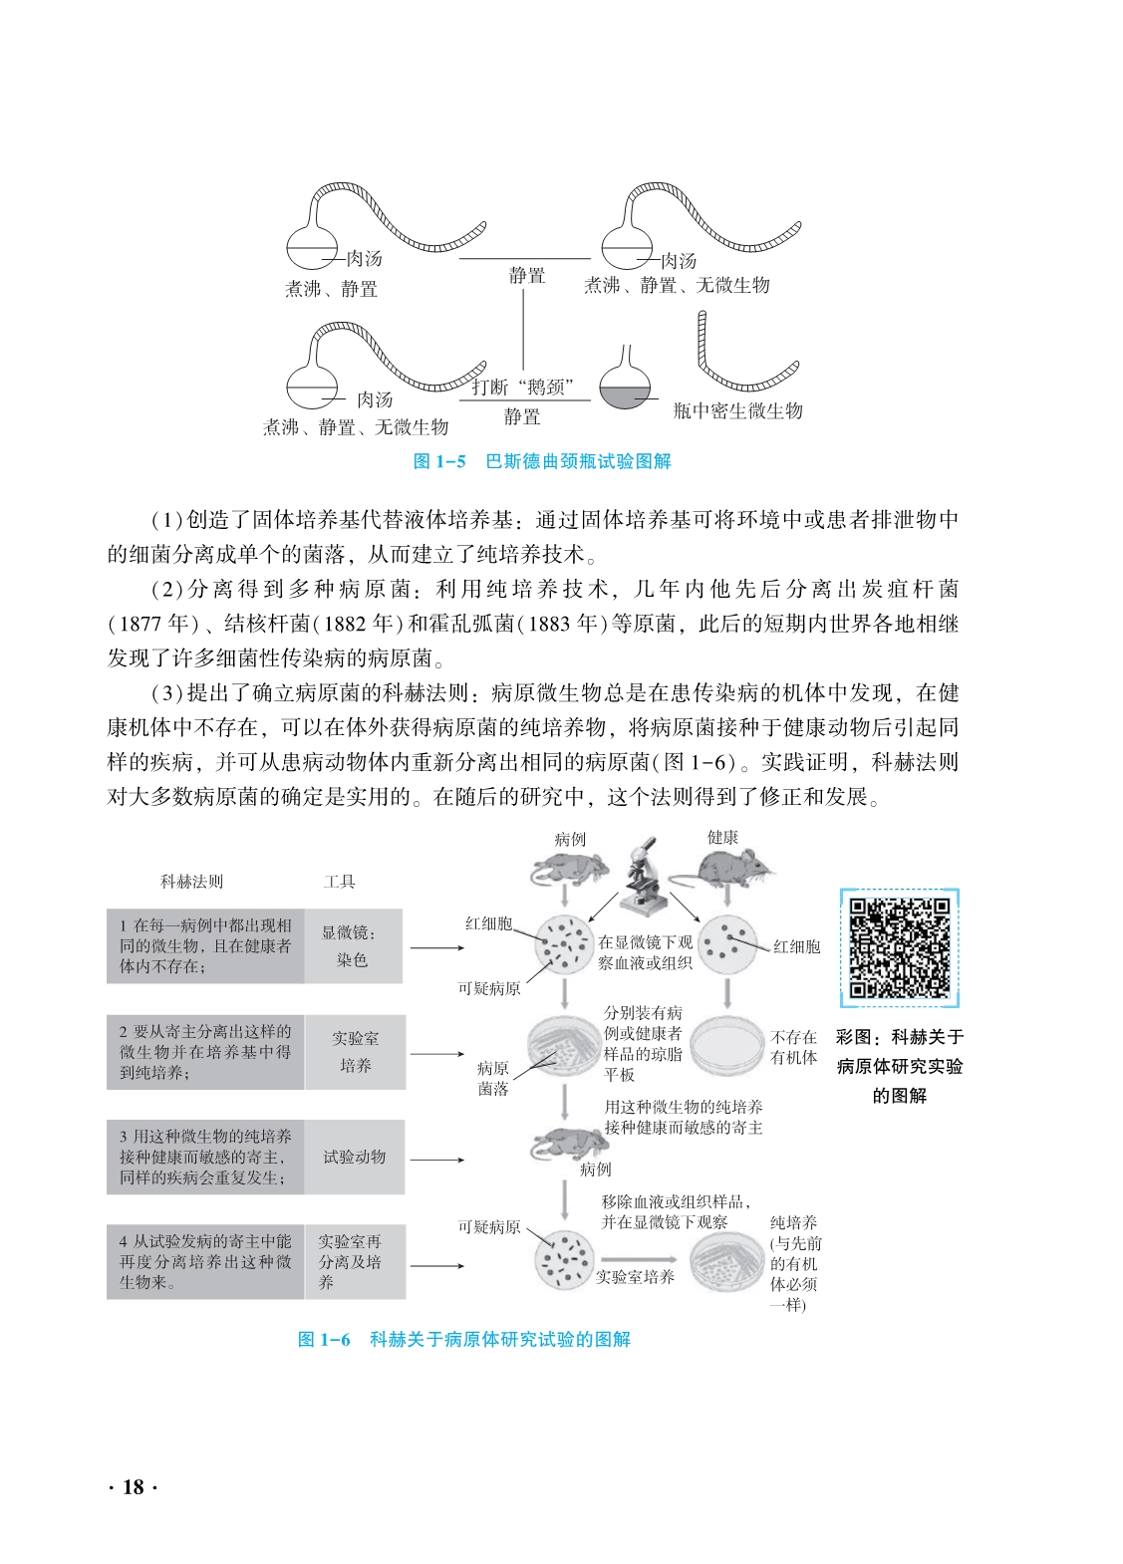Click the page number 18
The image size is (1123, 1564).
click(133, 1487)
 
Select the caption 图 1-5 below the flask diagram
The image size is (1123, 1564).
click(542, 461)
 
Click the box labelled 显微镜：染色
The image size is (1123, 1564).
click(353, 946)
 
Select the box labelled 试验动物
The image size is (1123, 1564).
click(354, 1157)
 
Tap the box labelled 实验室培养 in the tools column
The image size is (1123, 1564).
click(355, 1052)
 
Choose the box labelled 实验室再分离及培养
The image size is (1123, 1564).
click(354, 1261)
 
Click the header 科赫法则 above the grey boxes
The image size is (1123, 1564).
click(191, 882)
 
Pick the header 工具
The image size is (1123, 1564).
click(339, 882)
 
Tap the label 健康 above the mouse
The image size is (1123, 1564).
click(722, 838)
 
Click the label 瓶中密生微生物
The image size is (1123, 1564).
click(737, 410)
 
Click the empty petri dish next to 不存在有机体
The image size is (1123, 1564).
click(727, 1046)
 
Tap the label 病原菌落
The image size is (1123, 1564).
click(492, 1078)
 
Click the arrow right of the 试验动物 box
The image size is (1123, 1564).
click(436, 1160)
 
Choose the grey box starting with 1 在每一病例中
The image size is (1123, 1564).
click(205, 946)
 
